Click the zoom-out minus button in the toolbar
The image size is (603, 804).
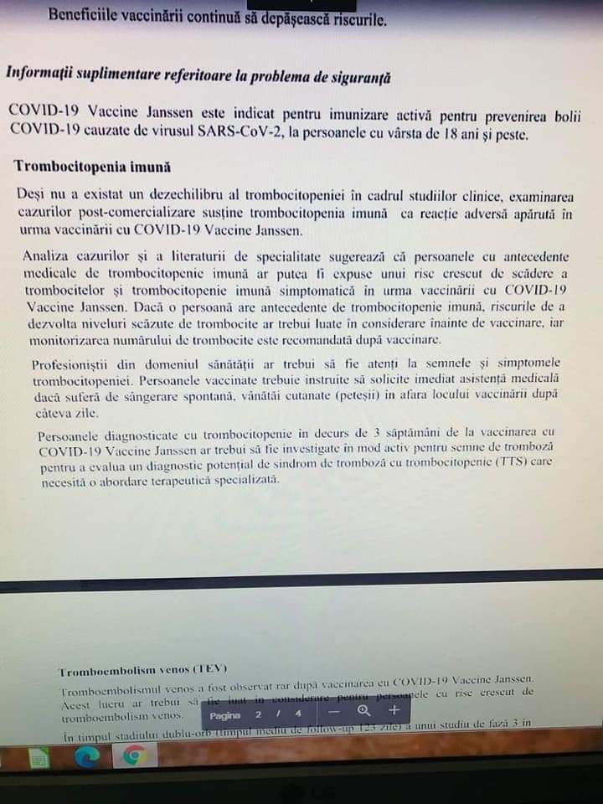333,711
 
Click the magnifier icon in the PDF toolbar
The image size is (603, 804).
363,711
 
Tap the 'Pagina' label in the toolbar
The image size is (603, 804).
224,715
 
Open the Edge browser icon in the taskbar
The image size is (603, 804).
86,757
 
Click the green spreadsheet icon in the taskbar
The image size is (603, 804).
39,760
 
